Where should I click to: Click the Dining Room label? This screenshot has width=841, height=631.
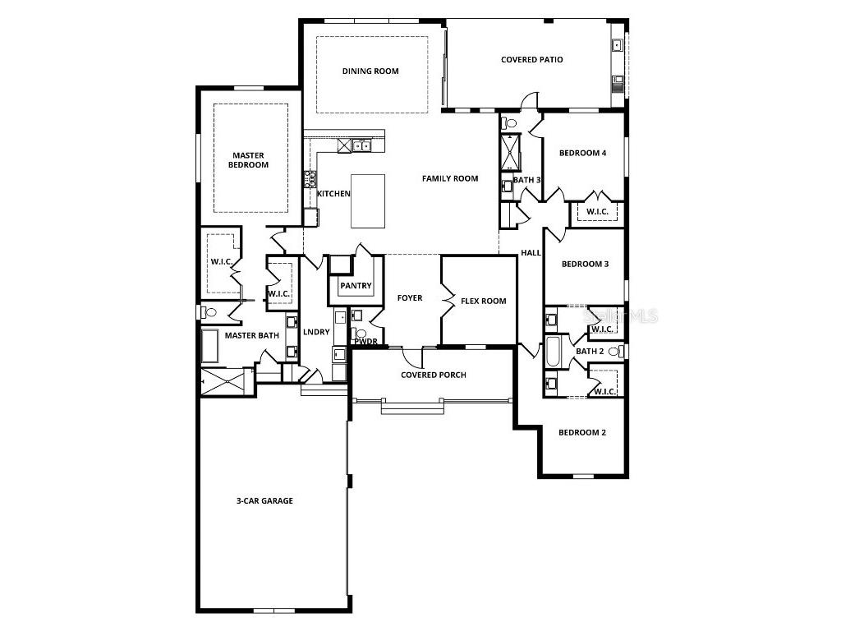point(370,71)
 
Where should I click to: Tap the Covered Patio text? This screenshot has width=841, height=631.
point(532,60)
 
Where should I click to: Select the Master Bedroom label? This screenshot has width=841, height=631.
point(250,159)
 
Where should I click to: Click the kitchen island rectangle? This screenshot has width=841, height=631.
point(367,200)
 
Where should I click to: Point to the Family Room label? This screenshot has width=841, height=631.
point(450,178)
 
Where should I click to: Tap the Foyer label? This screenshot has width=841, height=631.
point(410,297)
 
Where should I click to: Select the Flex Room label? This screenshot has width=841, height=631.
point(483,301)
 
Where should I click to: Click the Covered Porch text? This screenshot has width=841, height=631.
point(433,375)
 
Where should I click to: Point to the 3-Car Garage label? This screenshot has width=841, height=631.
point(264,500)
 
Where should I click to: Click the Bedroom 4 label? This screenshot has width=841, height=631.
point(583,153)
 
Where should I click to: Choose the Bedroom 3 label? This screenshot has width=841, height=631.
point(585,264)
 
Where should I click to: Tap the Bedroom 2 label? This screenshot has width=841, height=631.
point(582,432)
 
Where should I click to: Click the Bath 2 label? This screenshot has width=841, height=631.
point(590,352)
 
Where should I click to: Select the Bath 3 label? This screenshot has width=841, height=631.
point(527,180)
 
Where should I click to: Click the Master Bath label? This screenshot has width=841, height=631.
point(252,335)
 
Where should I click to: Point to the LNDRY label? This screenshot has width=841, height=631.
point(316,332)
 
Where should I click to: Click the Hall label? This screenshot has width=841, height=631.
point(531,253)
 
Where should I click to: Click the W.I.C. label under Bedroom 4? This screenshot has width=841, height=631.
point(597,212)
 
